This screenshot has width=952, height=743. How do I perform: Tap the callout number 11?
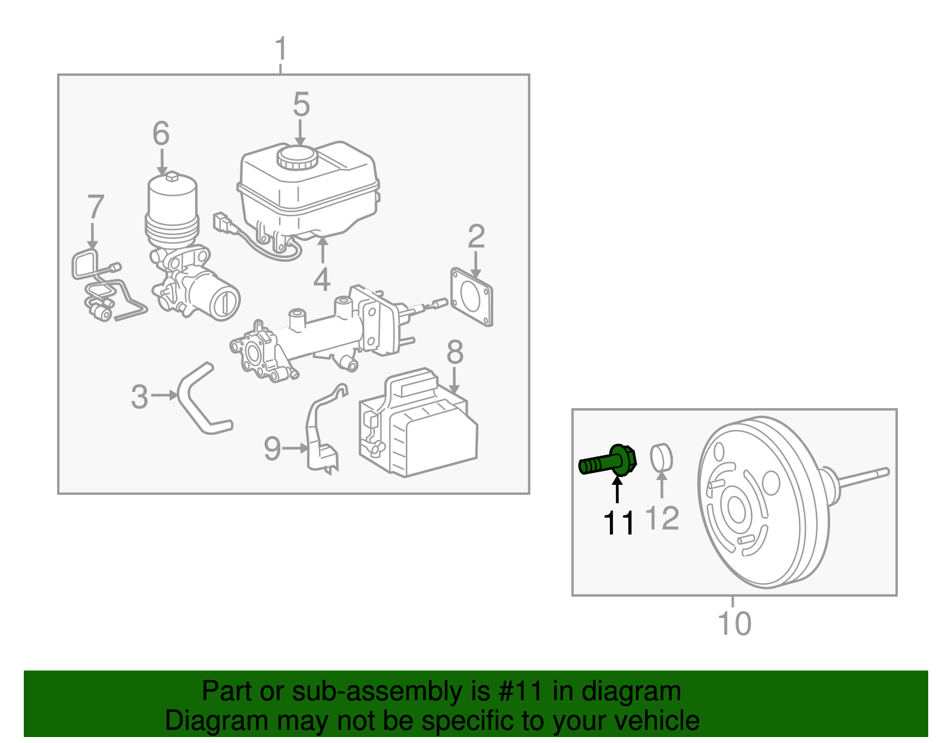619,523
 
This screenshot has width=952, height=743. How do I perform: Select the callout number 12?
662,518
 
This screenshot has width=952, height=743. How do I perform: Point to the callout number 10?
734,623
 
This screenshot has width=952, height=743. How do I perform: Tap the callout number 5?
301,105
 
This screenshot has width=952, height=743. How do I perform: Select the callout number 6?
161,133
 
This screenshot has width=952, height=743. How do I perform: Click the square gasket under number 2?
472,297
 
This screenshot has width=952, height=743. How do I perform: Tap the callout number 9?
272,449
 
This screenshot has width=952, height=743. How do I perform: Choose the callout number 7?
95,207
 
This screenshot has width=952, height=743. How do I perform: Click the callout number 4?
322,280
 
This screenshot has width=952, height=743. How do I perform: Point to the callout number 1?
281,49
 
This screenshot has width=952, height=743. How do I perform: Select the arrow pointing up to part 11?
618,491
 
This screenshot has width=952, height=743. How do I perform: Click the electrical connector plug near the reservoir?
221,222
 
